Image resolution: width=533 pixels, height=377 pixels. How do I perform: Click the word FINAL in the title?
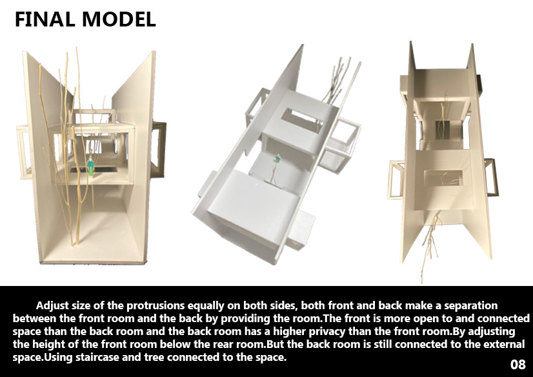(x=44, y=19)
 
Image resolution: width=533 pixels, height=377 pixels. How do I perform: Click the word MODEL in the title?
(x=116, y=19)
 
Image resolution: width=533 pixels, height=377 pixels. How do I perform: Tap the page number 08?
(x=518, y=364)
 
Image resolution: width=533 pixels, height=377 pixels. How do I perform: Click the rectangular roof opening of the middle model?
(x=303, y=121)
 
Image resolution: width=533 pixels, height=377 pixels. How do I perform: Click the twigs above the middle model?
(x=336, y=77)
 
